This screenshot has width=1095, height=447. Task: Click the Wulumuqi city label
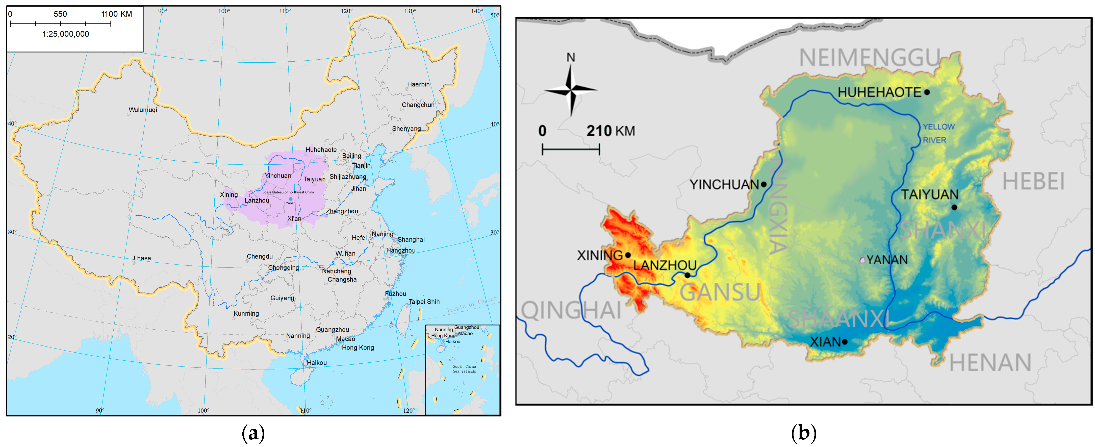click(x=143, y=110)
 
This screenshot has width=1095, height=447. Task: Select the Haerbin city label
click(x=418, y=84)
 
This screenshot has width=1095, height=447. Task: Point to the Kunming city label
click(x=246, y=313)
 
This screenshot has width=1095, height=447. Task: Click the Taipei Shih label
click(x=424, y=302)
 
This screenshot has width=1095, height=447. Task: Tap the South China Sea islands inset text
click(x=464, y=369)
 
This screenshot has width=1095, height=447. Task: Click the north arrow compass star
click(x=571, y=90)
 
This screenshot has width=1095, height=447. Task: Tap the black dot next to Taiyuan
click(x=954, y=208)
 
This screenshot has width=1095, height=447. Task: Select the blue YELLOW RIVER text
click(x=938, y=133)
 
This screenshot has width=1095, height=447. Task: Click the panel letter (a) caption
click(x=253, y=433)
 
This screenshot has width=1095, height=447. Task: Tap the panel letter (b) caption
click(x=803, y=433)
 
